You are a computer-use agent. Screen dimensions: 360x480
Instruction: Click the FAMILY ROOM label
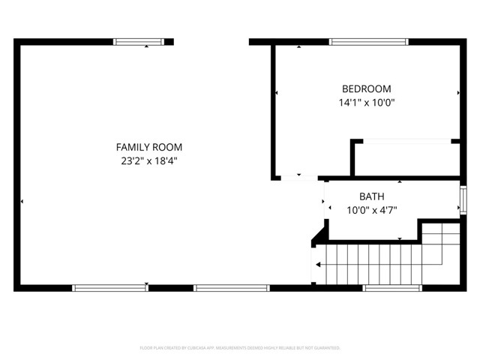[148, 147]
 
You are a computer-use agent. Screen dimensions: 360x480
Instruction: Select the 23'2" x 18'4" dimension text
[148, 160]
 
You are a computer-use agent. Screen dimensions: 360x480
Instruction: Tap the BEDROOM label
[366, 88]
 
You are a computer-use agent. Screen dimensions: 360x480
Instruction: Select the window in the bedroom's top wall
[369, 42]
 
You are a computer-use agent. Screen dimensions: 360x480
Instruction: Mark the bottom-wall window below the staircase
[392, 287]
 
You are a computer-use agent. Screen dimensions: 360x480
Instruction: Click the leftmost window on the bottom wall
[110, 287]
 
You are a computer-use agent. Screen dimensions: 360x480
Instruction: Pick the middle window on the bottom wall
[231, 287]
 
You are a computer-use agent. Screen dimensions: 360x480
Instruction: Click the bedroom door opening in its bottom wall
[299, 178]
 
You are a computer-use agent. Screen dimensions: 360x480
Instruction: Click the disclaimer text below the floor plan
[240, 348]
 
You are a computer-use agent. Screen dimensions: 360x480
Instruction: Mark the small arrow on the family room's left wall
[22, 201]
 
